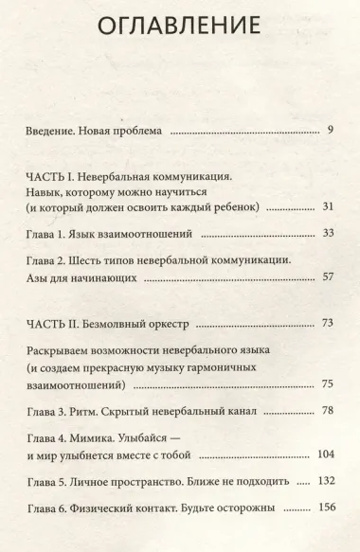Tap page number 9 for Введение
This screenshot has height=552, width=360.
coord(330,130)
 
